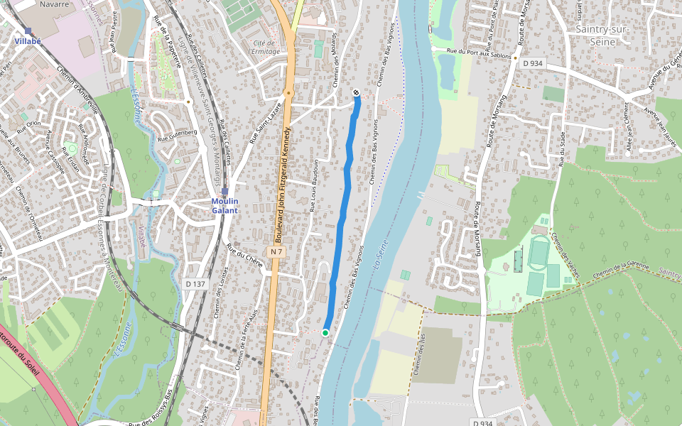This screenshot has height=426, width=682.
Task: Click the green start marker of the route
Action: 325,332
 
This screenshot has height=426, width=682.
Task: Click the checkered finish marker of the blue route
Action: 356,93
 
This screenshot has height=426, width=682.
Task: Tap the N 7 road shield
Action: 277,252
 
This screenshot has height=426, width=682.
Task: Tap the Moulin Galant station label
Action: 224,205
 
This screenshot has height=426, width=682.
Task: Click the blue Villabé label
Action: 28,41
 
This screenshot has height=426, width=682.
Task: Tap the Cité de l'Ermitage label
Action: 264,47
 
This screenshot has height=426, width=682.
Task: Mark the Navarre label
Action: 55,4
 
